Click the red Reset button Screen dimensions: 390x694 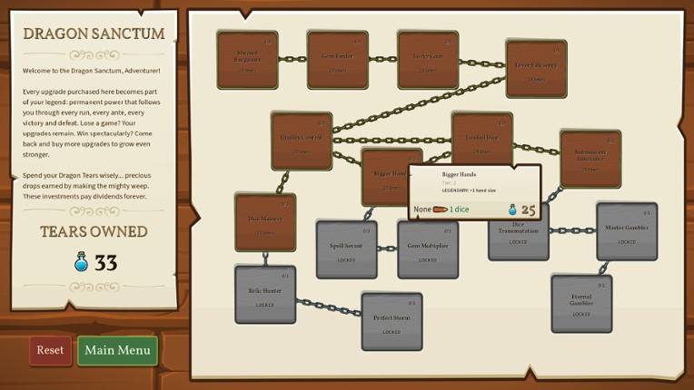pos(50,350)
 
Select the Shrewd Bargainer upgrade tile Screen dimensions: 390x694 pos(247,60)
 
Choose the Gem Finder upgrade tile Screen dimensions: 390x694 pos(337,60)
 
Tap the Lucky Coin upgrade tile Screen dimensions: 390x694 pos(428,60)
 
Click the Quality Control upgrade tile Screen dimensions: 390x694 pos(302,141)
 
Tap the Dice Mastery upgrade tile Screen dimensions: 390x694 pos(265,222)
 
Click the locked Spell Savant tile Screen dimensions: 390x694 pos(346,249)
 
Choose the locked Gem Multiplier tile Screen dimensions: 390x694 pos(428,249)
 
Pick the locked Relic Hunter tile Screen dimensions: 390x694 pos(265,295)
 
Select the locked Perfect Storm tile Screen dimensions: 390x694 pos(392,322)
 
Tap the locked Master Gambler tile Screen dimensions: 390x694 pos(627,231)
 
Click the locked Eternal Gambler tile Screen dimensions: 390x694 pos(581,304)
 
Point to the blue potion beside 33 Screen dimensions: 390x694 pos(82,263)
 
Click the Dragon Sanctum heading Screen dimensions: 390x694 pos(94,34)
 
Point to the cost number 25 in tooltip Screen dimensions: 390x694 pos(528,210)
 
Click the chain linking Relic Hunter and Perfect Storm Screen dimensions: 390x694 pos(329,307)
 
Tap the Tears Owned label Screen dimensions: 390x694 pos(94,231)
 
